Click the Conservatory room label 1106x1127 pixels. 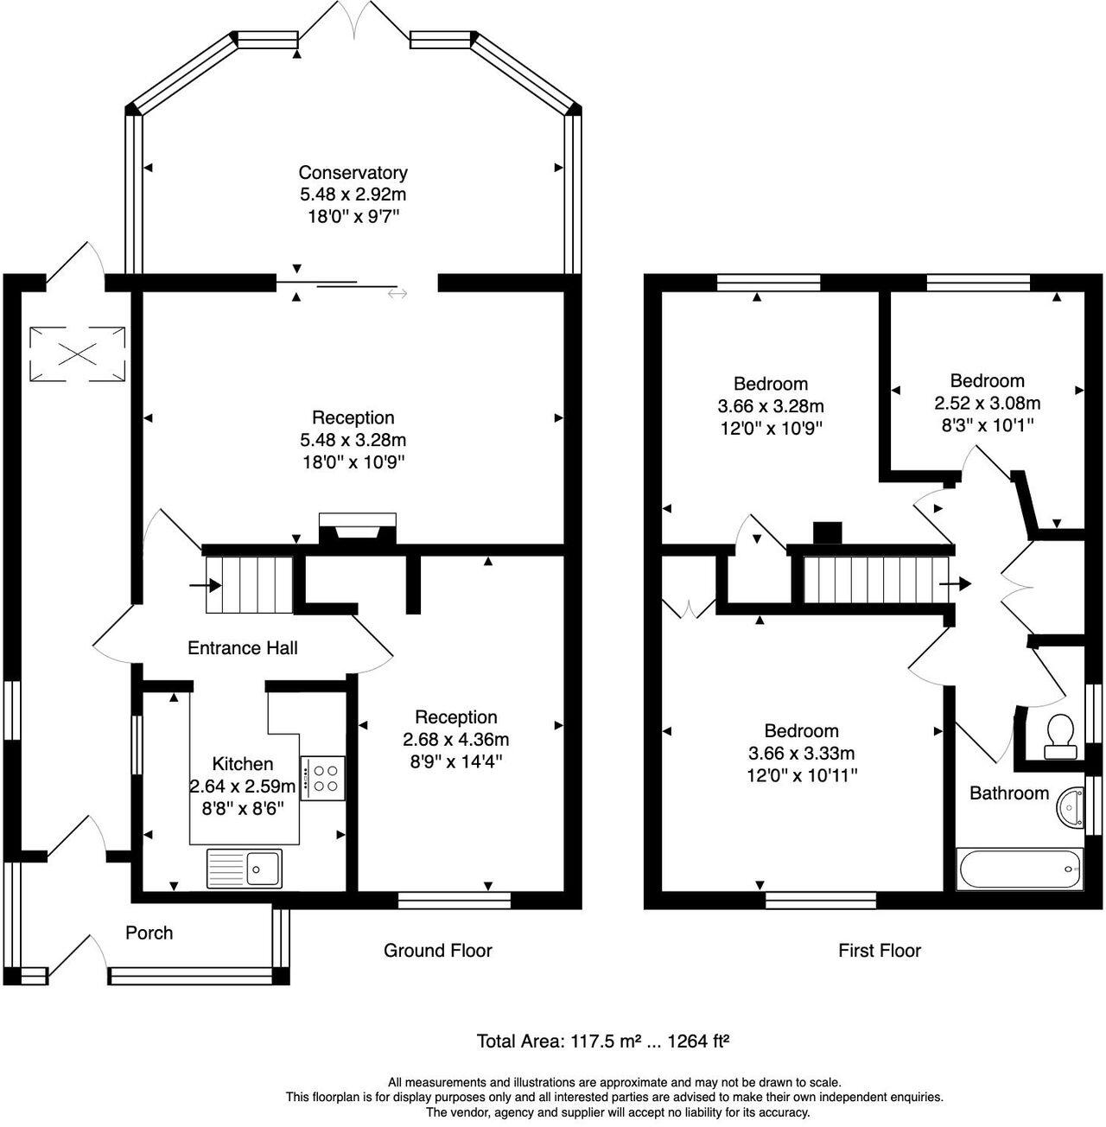(353, 173)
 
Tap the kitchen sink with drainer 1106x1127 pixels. (244, 868)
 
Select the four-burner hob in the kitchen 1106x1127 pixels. (322, 779)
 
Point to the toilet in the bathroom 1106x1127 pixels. (1060, 737)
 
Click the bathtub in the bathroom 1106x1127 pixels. (1019, 869)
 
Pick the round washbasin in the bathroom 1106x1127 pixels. (1071, 809)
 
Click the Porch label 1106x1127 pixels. (149, 933)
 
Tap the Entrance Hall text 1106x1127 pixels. (242, 648)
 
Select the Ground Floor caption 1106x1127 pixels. (437, 951)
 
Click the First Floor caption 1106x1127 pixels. (879, 951)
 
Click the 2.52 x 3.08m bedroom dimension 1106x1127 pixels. (987, 403)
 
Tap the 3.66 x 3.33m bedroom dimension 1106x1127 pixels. (801, 754)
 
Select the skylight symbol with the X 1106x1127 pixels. (78, 353)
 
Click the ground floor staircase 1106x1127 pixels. (249, 585)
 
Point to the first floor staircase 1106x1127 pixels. (875, 579)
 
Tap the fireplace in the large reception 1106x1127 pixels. (358, 529)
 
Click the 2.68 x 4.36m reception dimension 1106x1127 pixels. (455, 739)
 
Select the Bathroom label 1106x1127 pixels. (1009, 793)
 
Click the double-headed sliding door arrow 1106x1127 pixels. (397, 292)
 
